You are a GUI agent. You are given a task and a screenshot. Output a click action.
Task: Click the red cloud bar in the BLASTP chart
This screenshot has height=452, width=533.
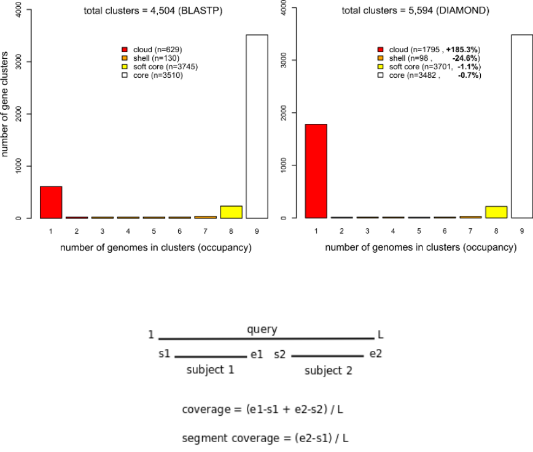click(x=51, y=202)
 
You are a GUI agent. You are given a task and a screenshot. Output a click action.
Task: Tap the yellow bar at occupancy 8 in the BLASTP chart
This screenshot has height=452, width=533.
click(x=231, y=212)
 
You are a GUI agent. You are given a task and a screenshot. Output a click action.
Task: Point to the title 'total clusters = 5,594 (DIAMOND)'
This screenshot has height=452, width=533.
click(x=416, y=10)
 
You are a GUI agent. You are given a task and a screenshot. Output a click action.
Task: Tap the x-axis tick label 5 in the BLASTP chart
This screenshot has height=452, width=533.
click(x=154, y=232)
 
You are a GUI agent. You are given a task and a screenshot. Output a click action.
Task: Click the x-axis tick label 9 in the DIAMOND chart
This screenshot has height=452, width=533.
click(x=521, y=232)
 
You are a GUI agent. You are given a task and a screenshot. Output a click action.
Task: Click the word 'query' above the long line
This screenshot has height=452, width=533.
click(x=262, y=330)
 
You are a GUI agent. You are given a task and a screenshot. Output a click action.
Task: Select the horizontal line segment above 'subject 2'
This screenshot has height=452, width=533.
click(x=327, y=356)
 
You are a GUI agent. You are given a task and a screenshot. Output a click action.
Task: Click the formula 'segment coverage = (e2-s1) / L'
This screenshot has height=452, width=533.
click(x=266, y=439)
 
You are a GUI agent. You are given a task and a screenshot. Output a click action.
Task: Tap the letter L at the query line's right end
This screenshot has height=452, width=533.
click(x=381, y=335)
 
